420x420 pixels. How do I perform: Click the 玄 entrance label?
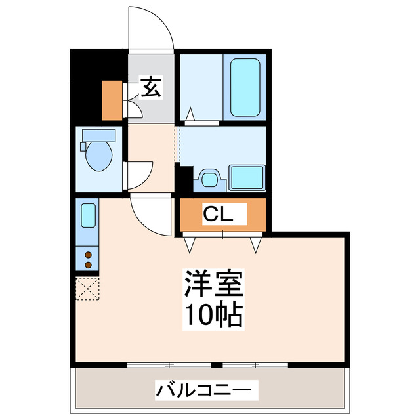click(151, 88)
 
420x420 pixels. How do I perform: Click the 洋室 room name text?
click(214, 286)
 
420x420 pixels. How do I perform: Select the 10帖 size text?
click(214, 316)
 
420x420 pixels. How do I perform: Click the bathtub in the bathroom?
click(245, 88)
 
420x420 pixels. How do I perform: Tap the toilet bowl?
click(100, 156)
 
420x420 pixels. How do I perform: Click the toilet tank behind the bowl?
click(98, 136)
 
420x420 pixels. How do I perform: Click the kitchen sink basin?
click(88, 215)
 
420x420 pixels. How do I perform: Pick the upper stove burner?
click(88, 255)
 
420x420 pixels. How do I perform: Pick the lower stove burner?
click(88, 264)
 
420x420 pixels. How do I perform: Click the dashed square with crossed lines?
click(87, 288)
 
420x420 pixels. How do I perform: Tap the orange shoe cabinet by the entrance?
click(112, 99)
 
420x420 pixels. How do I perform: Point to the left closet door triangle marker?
click(191, 244)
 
